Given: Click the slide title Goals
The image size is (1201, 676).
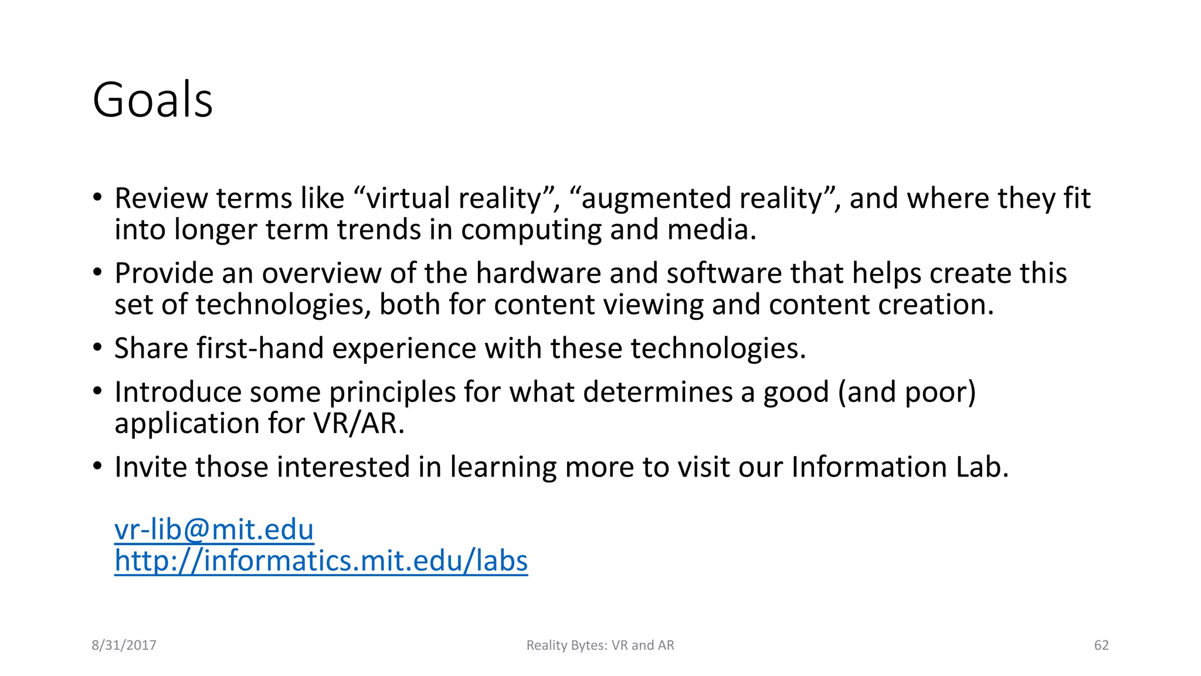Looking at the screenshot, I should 152,100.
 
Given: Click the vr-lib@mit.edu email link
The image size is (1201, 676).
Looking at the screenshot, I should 214,529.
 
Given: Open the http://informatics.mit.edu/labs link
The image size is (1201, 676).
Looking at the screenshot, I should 321,560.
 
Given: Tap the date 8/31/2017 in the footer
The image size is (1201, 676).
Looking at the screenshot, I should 124,645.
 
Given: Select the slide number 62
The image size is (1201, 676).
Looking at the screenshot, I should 1101,645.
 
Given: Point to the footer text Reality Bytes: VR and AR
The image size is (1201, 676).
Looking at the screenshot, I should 600,645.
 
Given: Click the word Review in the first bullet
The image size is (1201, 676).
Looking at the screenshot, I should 161,198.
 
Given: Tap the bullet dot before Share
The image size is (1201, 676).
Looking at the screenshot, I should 97,347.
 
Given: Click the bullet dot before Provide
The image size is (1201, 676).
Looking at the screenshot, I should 97,272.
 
